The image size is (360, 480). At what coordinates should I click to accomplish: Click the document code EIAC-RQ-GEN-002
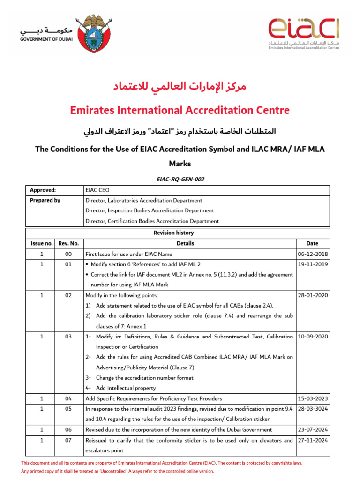[x=180, y=179]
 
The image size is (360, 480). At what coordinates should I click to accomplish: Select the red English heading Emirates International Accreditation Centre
[x=180, y=110]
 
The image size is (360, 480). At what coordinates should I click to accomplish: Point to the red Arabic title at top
[x=180, y=87]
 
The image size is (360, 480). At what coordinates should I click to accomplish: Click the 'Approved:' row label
[x=43, y=190]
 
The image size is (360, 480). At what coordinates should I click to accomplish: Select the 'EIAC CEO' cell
[x=97, y=190]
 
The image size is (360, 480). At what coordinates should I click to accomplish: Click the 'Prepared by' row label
[x=45, y=201]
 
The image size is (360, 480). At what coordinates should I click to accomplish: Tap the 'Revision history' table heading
[x=173, y=233]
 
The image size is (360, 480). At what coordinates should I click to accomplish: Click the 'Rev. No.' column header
[x=68, y=244]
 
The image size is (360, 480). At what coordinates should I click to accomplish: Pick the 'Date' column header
[x=312, y=244]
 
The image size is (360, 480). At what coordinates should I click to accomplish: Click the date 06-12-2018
[x=313, y=255]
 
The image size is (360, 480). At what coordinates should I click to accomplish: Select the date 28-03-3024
[x=313, y=409]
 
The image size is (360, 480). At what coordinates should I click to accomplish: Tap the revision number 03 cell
[x=68, y=337]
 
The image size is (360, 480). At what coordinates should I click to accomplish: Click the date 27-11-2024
[x=313, y=440]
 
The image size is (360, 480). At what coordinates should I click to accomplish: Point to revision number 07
[x=68, y=440]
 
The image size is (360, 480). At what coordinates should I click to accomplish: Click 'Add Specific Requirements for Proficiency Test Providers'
[x=154, y=399]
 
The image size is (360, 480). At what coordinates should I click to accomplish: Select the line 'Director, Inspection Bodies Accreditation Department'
[x=150, y=211]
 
